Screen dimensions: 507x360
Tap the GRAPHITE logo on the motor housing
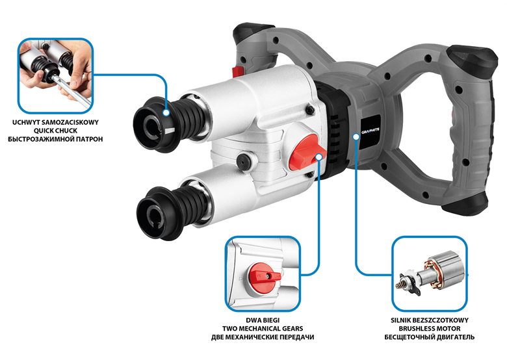(370, 131)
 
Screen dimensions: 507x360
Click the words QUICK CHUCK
(56, 131)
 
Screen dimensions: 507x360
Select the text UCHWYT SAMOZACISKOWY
(55, 122)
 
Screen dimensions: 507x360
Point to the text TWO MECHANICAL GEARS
(263, 329)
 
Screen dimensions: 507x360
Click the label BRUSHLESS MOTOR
(430, 329)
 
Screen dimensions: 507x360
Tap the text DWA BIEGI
(263, 320)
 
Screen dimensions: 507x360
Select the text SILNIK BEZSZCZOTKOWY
(430, 320)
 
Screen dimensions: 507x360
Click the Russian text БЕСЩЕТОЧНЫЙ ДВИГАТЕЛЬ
(430, 337)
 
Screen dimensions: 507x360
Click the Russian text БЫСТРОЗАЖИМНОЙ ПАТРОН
(55, 139)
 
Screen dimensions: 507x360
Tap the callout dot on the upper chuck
(166, 112)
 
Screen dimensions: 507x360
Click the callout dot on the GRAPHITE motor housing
(356, 136)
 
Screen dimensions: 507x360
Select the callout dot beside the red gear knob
(318, 157)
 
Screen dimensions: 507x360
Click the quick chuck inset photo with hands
(56, 76)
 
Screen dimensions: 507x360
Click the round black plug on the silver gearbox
(244, 161)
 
